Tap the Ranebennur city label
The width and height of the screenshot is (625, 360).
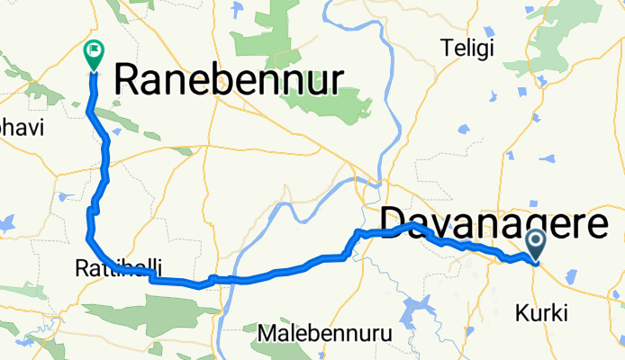[229, 82]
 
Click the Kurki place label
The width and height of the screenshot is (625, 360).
[541, 314]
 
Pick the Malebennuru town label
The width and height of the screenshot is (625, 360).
[324, 333]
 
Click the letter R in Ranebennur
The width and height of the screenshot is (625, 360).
[128, 82]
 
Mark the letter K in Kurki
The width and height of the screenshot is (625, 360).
[521, 314]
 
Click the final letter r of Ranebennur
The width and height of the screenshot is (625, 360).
[336, 82]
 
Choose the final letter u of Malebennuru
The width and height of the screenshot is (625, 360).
[386, 333]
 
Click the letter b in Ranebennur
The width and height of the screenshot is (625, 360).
[231, 82]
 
